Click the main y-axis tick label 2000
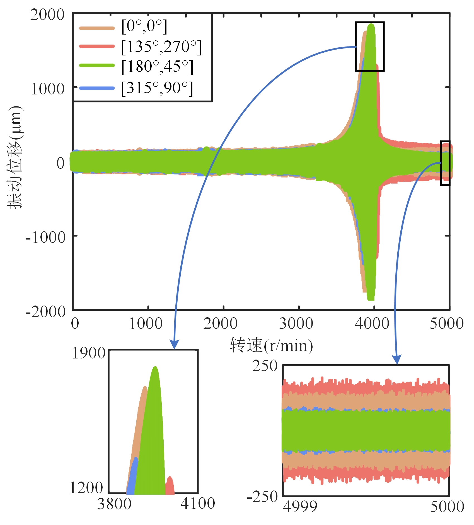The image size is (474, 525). [x=47, y=14]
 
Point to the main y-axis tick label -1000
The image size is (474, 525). [x=45, y=237]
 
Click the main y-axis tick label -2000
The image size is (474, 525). [x=45, y=312]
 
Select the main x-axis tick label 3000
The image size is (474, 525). [x=296, y=324]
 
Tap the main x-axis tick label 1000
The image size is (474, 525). [x=146, y=324]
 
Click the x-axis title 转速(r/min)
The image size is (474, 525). [x=271, y=346]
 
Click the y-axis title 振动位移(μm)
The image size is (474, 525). [x=14, y=157]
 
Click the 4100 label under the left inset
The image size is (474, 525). [x=198, y=504]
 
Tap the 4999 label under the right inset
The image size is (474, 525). [x=300, y=507]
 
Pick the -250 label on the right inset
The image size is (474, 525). [x=262, y=497]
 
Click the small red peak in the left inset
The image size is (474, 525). [x=170, y=486]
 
